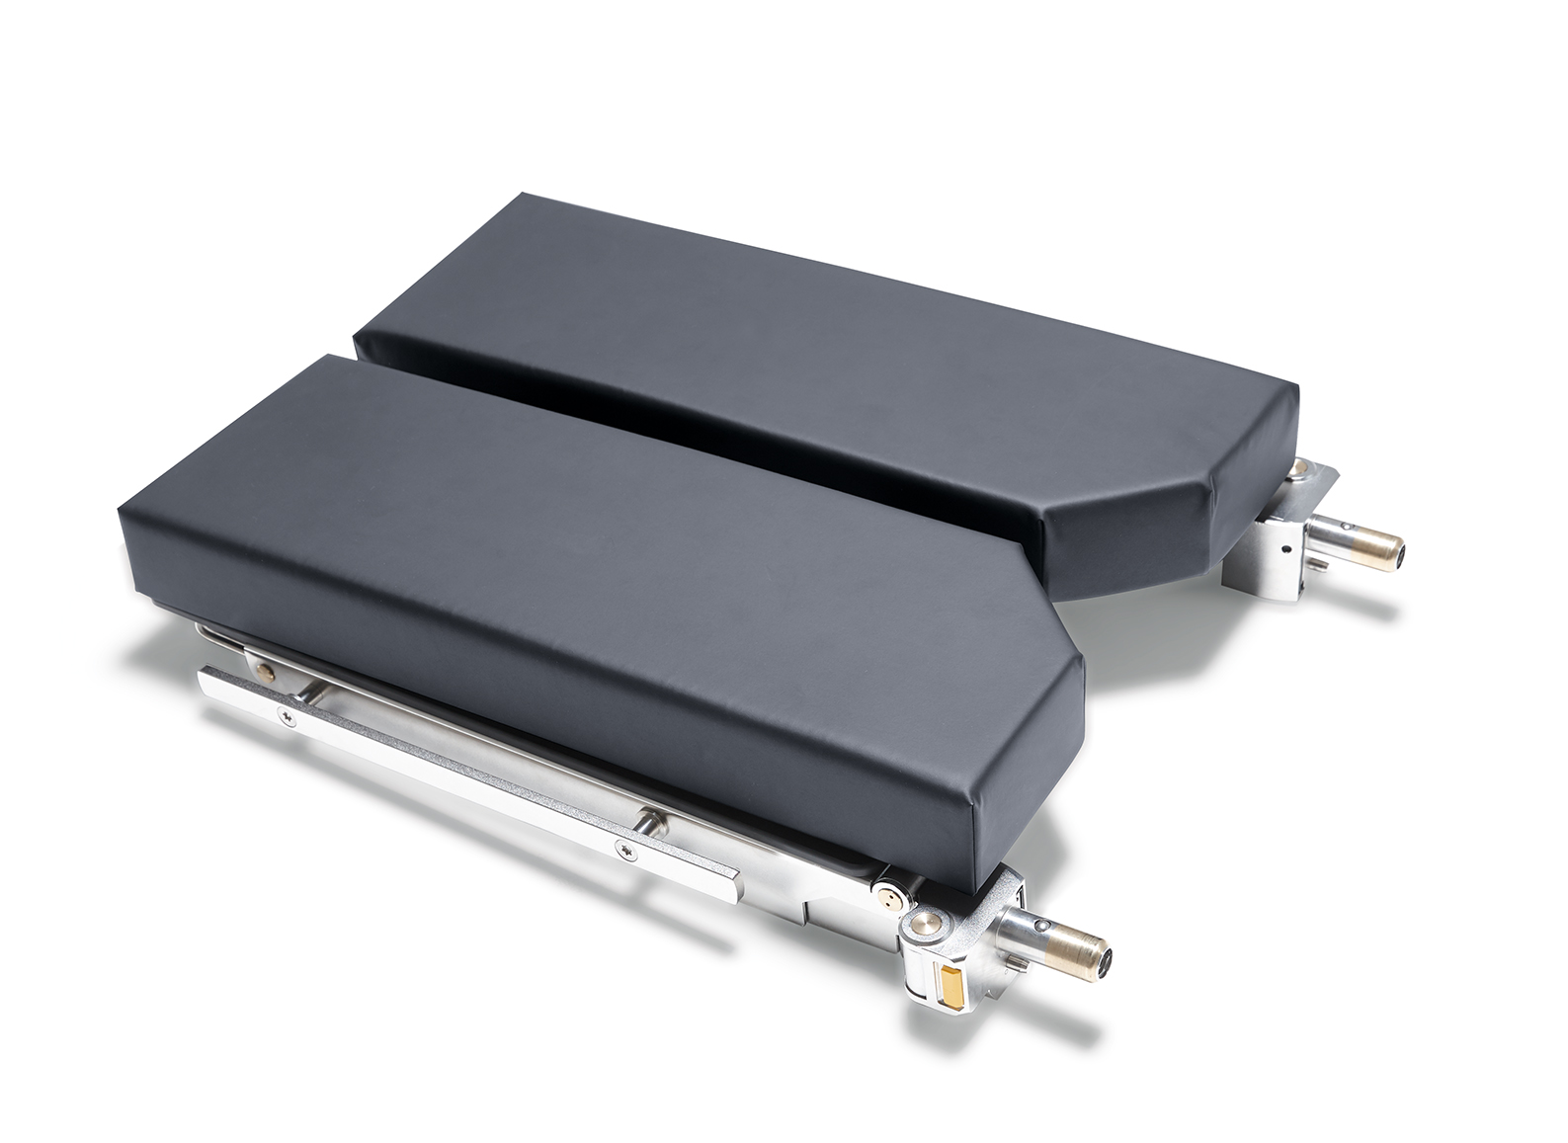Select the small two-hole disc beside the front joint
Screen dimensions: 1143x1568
(892, 895)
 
